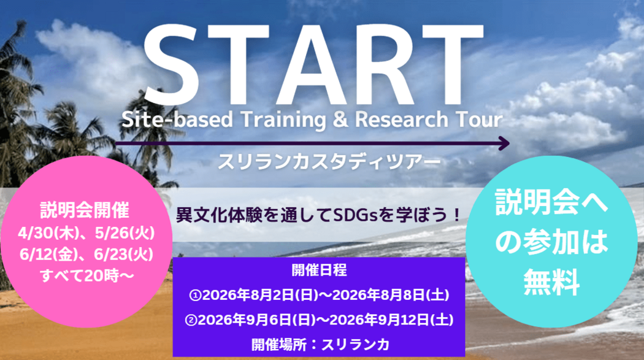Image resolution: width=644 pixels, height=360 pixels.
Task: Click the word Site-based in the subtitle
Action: (177, 120)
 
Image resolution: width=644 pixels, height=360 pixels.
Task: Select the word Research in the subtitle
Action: (401, 120)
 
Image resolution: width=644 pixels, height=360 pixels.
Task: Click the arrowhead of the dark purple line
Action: (504, 144)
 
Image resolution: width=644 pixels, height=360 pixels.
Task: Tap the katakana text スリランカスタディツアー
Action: (329, 162)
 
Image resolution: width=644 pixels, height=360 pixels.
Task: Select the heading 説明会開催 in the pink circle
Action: (85, 210)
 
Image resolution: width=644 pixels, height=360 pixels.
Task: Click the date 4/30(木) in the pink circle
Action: (48, 233)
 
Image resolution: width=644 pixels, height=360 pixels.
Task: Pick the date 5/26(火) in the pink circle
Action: (125, 233)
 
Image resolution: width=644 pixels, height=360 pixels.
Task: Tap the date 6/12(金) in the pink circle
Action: (49, 255)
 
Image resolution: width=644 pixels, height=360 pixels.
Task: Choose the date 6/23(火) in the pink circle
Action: (124, 255)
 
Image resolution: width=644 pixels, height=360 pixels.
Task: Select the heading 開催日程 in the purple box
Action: (319, 270)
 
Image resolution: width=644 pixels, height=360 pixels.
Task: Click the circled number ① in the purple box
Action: (195, 295)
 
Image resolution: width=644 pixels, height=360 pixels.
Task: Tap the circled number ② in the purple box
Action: (191, 320)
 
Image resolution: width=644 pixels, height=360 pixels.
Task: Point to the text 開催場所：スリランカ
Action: (320, 345)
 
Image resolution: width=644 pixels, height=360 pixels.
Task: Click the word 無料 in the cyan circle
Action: (551, 282)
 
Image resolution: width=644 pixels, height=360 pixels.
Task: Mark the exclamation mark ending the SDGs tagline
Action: (456, 215)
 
